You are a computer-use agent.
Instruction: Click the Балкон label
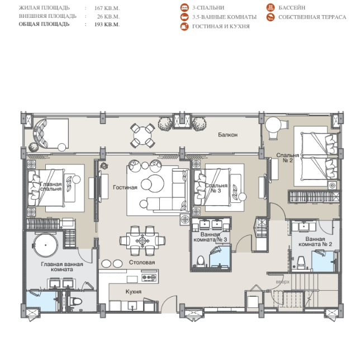[x=227, y=135]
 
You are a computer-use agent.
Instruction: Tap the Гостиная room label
[x=125, y=187]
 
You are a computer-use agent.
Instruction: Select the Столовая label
[x=142, y=262]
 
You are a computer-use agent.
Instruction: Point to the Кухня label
[x=134, y=292]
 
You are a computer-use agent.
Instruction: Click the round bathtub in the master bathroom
[x=45, y=245]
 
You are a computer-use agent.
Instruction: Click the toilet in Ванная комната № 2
[x=301, y=263]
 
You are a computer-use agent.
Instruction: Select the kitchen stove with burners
[x=149, y=277]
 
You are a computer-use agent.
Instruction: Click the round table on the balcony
[x=142, y=135]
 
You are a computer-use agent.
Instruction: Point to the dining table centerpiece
[x=142, y=241]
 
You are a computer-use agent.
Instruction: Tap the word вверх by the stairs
[x=283, y=282]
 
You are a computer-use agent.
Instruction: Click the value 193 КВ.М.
[x=107, y=25]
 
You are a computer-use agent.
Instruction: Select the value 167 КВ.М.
[x=107, y=8]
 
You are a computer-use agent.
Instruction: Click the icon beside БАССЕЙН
[x=270, y=7]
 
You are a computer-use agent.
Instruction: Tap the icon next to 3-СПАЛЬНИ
[x=184, y=8]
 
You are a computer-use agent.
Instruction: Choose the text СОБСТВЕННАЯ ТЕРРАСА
[x=312, y=17]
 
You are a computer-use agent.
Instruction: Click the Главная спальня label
[x=51, y=187]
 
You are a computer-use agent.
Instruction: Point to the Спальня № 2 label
[x=288, y=158]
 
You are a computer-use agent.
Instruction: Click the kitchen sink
[x=132, y=306]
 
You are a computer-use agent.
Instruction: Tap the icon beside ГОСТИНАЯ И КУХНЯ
[x=184, y=26]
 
